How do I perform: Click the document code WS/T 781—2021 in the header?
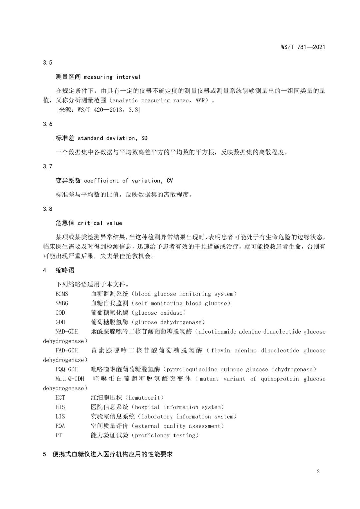(x=303, y=47)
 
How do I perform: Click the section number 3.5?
(x=48, y=63)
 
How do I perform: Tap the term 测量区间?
(x=68, y=77)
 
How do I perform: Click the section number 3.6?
(x=48, y=124)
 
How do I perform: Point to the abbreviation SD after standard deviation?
(x=144, y=138)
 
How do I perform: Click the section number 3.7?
(x=48, y=166)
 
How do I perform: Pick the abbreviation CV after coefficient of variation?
(x=169, y=181)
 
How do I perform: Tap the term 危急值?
(x=65, y=223)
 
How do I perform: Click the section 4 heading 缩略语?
(x=65, y=270)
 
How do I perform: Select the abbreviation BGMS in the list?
(x=62, y=294)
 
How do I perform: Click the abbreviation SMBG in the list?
(x=62, y=303)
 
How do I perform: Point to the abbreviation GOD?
(x=60, y=313)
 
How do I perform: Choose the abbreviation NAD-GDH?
(x=66, y=332)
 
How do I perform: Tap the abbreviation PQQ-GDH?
(x=66, y=369)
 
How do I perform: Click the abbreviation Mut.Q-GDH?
(x=69, y=379)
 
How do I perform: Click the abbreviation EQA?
(x=60, y=426)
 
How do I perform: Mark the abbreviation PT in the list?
(x=58, y=435)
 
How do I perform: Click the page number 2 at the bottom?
(x=318, y=471)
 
